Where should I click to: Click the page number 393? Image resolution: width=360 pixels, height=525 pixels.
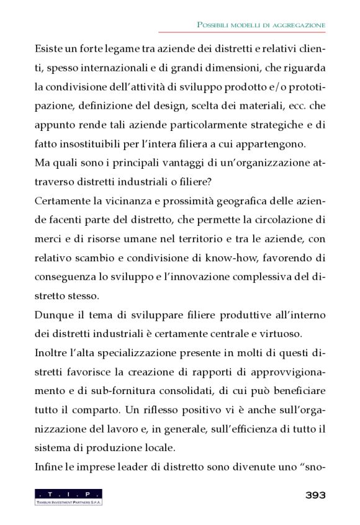click(315, 495)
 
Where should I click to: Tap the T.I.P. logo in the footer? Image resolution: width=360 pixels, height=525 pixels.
click(69, 496)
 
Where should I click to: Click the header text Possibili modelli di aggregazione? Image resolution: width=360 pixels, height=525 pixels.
click(261, 24)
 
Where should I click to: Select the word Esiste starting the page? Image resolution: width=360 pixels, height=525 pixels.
click(49, 48)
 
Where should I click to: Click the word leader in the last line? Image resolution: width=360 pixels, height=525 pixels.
click(128, 467)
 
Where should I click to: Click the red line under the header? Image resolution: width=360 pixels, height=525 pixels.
click(241, 32)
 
